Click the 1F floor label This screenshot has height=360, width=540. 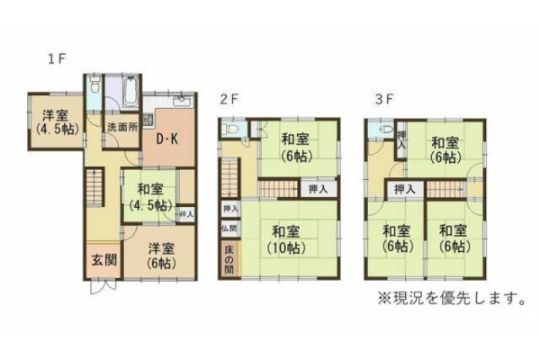[x=57, y=58]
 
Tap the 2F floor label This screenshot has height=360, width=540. [x=229, y=99]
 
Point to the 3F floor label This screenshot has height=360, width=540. [x=384, y=99]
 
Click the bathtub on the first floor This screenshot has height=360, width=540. [x=131, y=91]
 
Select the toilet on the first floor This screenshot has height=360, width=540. [x=94, y=84]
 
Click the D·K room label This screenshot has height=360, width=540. [x=167, y=139]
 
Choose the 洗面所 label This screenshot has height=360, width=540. [x=122, y=127]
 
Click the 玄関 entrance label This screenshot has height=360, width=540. [x=104, y=260]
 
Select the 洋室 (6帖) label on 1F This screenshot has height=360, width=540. [x=161, y=256]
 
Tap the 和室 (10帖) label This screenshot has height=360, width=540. [x=285, y=239]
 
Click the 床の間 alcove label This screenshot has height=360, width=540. [x=229, y=259]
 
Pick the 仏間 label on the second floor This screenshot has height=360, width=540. [x=229, y=228]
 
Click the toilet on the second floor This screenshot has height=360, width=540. [x=231, y=130]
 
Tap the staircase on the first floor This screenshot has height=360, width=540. [x=94, y=186]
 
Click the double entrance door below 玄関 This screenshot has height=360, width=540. [x=103, y=286]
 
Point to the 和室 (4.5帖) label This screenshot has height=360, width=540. [x=150, y=197]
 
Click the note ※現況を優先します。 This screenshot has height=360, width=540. [x=452, y=298]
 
